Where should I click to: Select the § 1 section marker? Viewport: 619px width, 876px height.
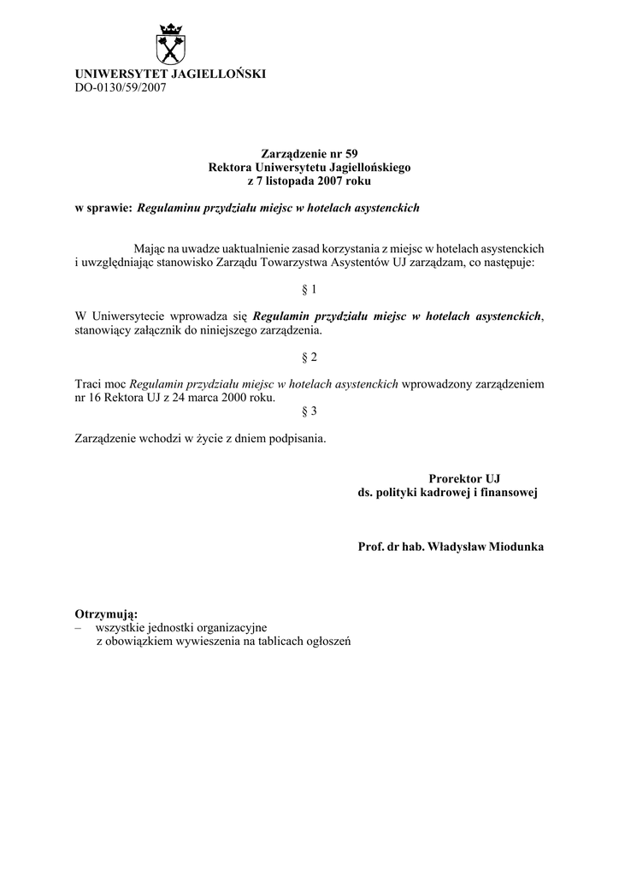click(309, 289)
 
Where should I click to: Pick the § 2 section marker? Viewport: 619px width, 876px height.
click(309, 356)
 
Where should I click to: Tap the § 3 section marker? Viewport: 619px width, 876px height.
click(309, 411)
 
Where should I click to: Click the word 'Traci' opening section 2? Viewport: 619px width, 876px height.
click(90, 385)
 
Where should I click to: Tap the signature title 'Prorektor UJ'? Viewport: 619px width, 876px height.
click(464, 479)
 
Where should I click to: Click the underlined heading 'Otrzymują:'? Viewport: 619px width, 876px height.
click(107, 614)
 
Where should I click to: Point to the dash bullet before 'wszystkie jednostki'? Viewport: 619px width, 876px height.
click(80, 627)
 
